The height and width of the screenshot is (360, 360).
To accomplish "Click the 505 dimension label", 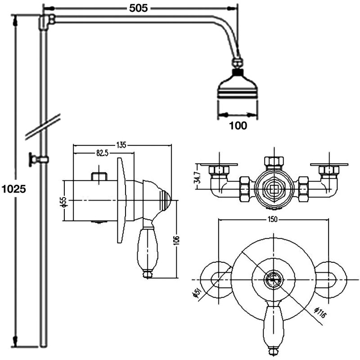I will [x=139, y=8].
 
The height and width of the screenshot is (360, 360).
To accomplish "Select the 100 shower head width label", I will [x=237, y=126].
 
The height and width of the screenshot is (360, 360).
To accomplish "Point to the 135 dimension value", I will [x=121, y=145].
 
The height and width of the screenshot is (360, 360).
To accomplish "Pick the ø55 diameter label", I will [x=63, y=201].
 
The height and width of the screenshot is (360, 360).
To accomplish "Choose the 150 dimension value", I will [x=273, y=219].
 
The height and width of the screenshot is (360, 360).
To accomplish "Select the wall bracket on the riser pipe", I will [x=39, y=159].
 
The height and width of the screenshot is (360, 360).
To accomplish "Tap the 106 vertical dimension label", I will [x=176, y=243].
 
